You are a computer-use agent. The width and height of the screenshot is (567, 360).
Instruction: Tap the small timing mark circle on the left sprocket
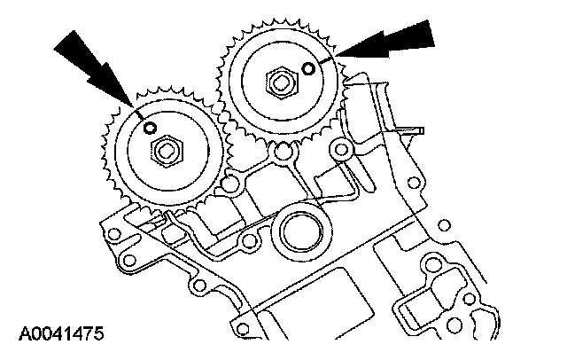coord(151,129)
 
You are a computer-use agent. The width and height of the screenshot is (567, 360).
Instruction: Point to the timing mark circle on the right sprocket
coord(307,68)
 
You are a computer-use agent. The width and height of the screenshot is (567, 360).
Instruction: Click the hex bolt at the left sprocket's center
coord(165,153)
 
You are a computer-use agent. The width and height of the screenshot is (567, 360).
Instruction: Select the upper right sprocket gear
coord(276,84)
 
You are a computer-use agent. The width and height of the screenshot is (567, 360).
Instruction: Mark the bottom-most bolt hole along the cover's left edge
coord(201,285)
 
